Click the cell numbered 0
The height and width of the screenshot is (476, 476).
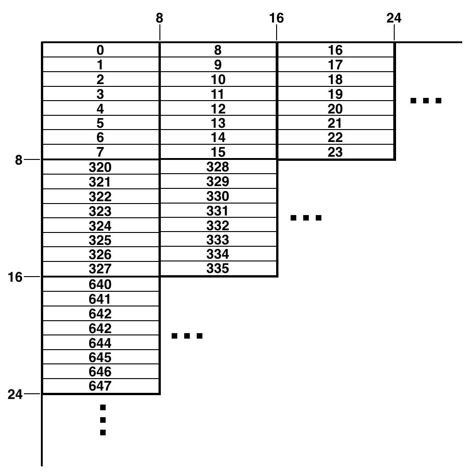pos(100,50)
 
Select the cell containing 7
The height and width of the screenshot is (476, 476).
pos(100,152)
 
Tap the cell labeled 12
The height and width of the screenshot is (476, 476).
pos(218,109)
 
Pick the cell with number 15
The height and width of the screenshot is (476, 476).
pos(218,152)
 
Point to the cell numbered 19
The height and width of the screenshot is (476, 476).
pos(335,94)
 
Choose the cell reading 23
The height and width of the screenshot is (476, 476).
pos(335,152)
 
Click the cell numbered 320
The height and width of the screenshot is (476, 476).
pos(100,167)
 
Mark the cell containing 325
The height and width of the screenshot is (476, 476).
pos(100,240)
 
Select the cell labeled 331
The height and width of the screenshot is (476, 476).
pos(218,211)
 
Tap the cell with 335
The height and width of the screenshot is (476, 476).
pos(218,269)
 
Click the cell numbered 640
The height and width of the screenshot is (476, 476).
pos(100,284)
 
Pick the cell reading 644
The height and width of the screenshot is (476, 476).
pos(100,343)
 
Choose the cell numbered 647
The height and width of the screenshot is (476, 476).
pos(100,386)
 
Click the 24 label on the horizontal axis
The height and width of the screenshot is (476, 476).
pos(394,18)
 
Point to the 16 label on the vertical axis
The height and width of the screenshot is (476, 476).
pos(16,278)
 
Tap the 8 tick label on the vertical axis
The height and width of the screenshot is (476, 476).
pos(19,160)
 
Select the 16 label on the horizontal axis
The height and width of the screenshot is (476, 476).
pos(277,18)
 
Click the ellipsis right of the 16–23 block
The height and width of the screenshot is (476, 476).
pos(426,101)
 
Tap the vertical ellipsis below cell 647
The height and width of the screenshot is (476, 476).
pos(103,419)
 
